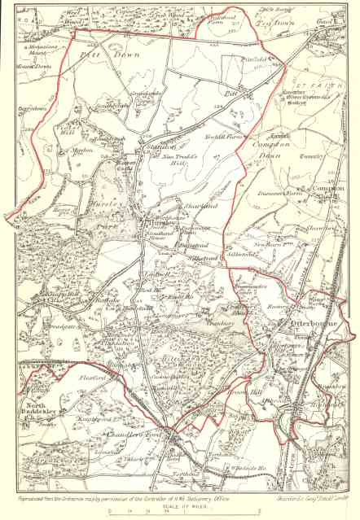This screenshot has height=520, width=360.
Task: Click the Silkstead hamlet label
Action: coord(213,256)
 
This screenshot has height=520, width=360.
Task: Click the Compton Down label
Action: coord(268,146)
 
